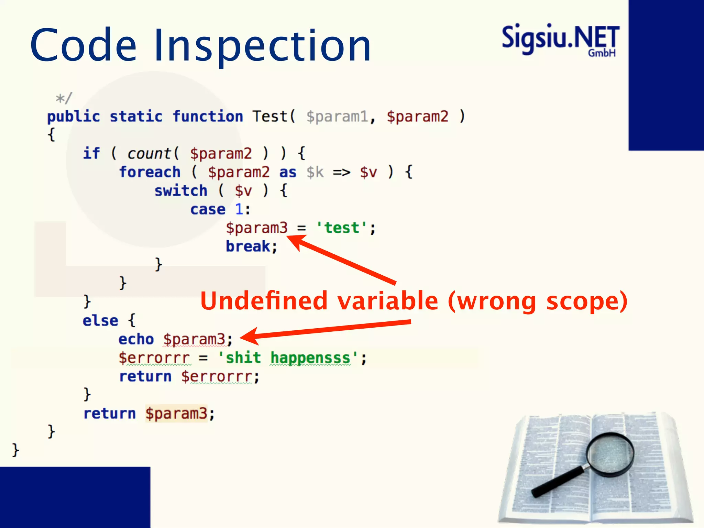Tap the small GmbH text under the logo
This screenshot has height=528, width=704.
click(602, 53)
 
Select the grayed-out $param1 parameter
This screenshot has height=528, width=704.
click(337, 117)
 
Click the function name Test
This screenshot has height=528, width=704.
click(270, 117)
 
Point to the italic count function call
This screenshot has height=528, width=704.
click(149, 153)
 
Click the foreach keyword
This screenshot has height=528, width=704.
click(150, 172)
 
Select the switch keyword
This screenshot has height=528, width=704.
click(181, 190)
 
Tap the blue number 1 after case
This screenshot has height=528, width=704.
click(239, 209)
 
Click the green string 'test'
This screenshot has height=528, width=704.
click(342, 228)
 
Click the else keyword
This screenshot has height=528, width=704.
click(100, 320)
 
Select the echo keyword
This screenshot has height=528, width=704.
click(136, 339)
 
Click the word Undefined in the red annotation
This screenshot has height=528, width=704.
click(264, 301)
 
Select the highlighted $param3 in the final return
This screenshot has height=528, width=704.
click(176, 414)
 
